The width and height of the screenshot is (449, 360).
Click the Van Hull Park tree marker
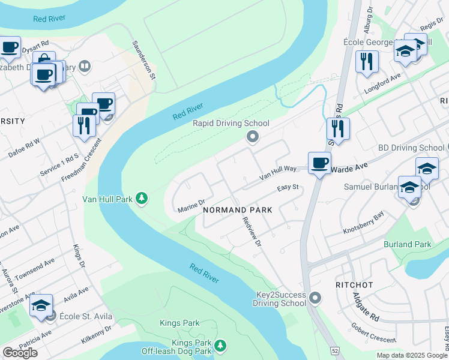click(x=142, y=197)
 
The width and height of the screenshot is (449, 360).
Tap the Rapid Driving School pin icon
click(x=253, y=137)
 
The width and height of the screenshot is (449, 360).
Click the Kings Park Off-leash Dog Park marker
click(x=221, y=346)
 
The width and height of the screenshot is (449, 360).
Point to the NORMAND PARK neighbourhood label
click(x=238, y=210)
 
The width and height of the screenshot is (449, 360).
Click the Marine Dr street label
click(x=192, y=206)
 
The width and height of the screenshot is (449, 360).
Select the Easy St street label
click(x=288, y=188)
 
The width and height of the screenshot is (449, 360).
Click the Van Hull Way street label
click(x=278, y=173)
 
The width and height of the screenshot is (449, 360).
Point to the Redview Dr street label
click(x=253, y=230)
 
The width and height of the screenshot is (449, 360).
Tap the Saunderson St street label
click(x=144, y=61)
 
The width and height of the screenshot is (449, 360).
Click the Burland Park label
click(x=408, y=244)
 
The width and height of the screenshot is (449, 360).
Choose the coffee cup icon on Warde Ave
click(x=319, y=162)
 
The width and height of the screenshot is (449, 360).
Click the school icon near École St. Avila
click(x=41, y=305)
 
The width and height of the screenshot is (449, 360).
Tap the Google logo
click(x=20, y=353)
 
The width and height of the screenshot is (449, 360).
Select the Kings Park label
click(x=179, y=323)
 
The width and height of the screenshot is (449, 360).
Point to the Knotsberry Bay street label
click(x=363, y=225)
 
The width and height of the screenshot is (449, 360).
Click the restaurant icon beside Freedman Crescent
click(x=84, y=125)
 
